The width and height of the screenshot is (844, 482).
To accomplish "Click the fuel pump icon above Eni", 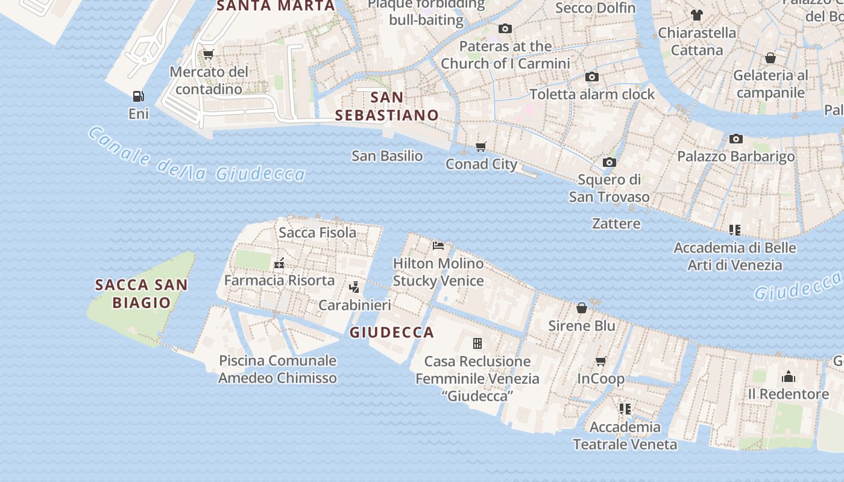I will [x=138, y=96].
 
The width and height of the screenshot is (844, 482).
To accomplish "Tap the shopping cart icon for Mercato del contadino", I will [x=209, y=55].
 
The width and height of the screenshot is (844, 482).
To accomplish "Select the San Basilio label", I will [x=387, y=156].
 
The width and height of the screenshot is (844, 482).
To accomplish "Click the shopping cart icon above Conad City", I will [x=480, y=146].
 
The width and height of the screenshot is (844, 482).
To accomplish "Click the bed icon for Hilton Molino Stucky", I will [x=438, y=246].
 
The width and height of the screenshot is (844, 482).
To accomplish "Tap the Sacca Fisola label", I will [x=317, y=233].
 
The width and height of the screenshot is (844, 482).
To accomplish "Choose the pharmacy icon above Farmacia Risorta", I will [x=279, y=263].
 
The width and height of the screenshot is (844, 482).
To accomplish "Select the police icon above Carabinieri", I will [x=354, y=287].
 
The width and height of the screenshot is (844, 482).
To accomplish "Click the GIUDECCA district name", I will [x=392, y=332].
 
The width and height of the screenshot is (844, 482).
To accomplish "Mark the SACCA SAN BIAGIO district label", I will [x=142, y=293].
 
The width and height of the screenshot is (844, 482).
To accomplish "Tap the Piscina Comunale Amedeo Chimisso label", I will [x=277, y=369].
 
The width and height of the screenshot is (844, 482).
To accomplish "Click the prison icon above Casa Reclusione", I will [x=477, y=343].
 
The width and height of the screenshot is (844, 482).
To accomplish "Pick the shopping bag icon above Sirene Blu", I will [x=582, y=308].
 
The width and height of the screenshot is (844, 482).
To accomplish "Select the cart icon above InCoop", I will [x=600, y=361].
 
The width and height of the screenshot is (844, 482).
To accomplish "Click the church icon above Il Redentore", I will [x=788, y=377].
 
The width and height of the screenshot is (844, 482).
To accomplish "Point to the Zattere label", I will [x=616, y=224].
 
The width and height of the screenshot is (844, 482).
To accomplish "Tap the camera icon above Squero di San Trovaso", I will [x=609, y=162].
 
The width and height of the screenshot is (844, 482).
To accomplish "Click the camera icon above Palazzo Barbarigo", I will [x=735, y=139].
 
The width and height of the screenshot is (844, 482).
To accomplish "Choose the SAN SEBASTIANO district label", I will [x=387, y=106].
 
